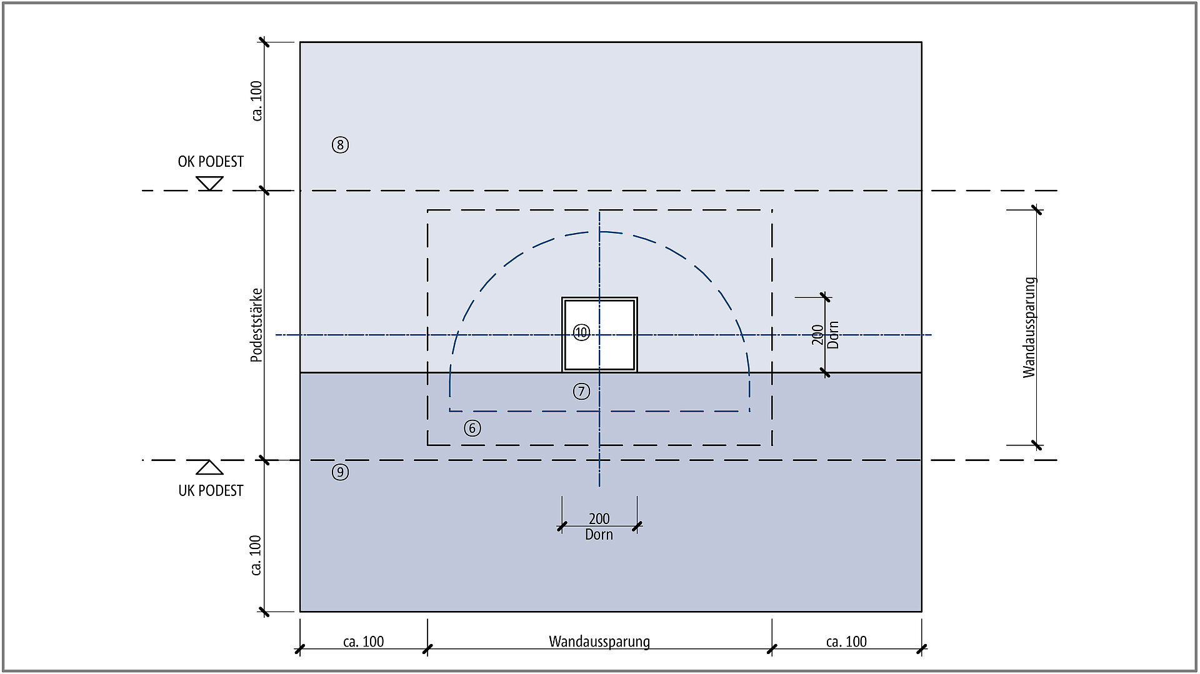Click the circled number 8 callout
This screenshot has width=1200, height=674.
(340, 145)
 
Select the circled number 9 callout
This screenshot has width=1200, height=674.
(340, 472)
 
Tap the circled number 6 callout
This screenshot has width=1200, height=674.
(472, 428)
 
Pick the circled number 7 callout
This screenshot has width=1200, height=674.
(581, 391)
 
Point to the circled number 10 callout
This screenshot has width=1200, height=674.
(581, 332)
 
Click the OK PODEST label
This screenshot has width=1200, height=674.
(211, 162)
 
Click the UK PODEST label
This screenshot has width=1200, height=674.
(211, 490)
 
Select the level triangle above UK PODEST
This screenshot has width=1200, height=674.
(210, 467)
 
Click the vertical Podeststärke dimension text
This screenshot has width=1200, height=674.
(256, 325)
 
